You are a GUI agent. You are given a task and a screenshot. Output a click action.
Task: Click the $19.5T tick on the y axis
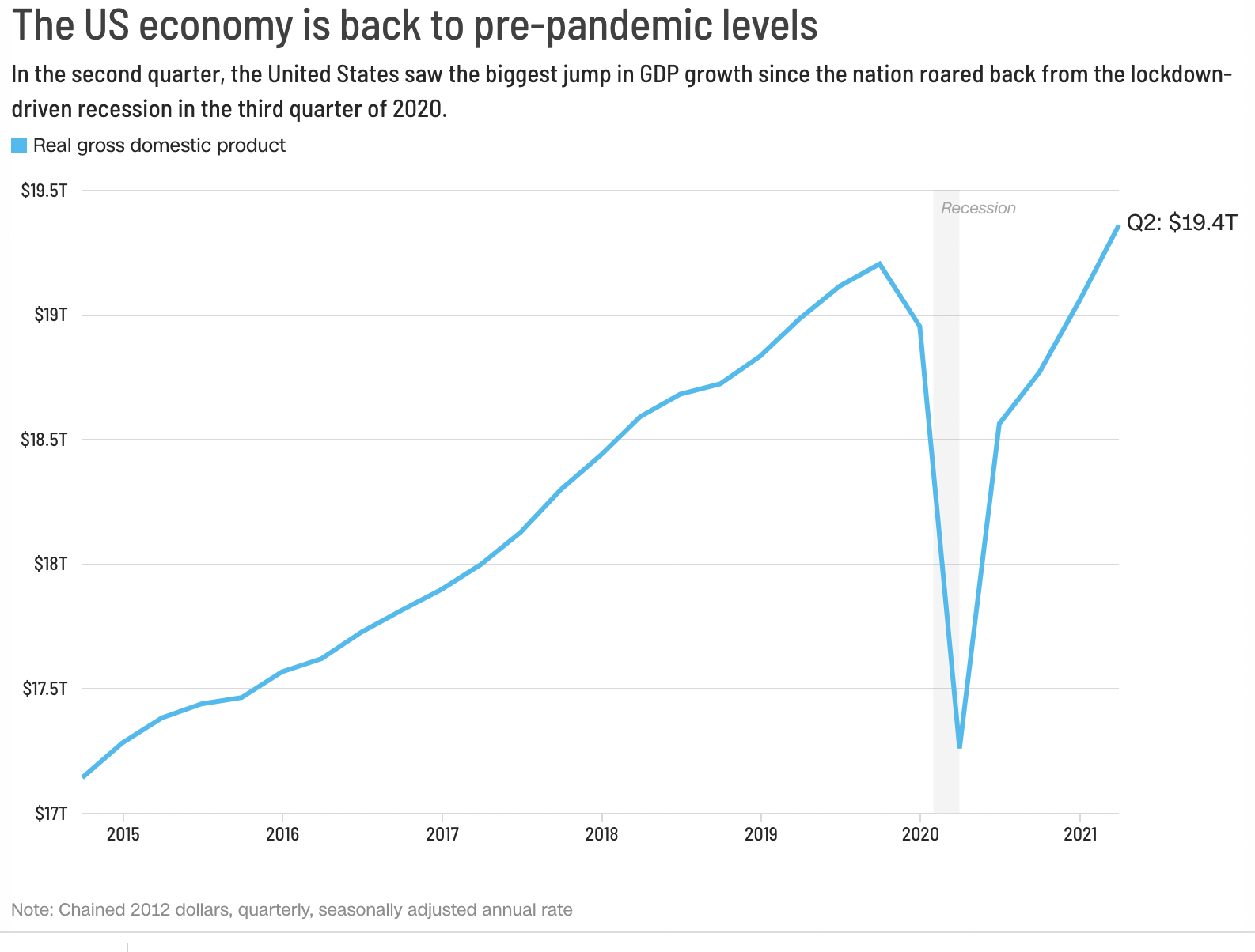(x=44, y=191)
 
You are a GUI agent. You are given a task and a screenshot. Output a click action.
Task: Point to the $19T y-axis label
(x=51, y=315)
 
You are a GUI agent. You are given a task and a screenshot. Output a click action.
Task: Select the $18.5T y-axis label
(x=44, y=439)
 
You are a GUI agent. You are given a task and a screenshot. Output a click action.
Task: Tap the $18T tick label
(x=51, y=564)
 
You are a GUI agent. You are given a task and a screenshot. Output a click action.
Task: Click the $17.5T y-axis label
(x=44, y=689)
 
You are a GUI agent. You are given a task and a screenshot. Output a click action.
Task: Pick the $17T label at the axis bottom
(x=51, y=813)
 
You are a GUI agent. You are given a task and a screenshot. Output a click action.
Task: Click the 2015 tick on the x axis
(x=123, y=834)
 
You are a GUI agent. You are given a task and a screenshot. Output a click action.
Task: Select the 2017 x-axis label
(x=442, y=834)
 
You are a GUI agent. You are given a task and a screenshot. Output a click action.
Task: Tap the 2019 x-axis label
(x=760, y=834)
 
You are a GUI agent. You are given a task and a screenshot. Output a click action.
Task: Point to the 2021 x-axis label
(x=1080, y=834)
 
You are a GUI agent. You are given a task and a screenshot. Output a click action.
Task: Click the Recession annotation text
(x=978, y=208)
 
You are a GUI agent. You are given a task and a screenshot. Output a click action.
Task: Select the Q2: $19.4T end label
(x=1181, y=223)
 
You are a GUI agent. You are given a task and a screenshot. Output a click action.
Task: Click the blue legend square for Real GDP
(x=19, y=145)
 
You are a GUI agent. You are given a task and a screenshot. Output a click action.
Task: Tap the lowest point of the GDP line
(x=959, y=746)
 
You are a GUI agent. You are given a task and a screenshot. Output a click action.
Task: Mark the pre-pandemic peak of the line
(x=879, y=263)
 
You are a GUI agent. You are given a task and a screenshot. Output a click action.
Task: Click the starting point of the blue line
(x=83, y=777)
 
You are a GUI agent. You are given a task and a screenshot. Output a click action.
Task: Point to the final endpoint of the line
(x=1118, y=226)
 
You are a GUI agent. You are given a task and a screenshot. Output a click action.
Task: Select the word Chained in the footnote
(x=92, y=909)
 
